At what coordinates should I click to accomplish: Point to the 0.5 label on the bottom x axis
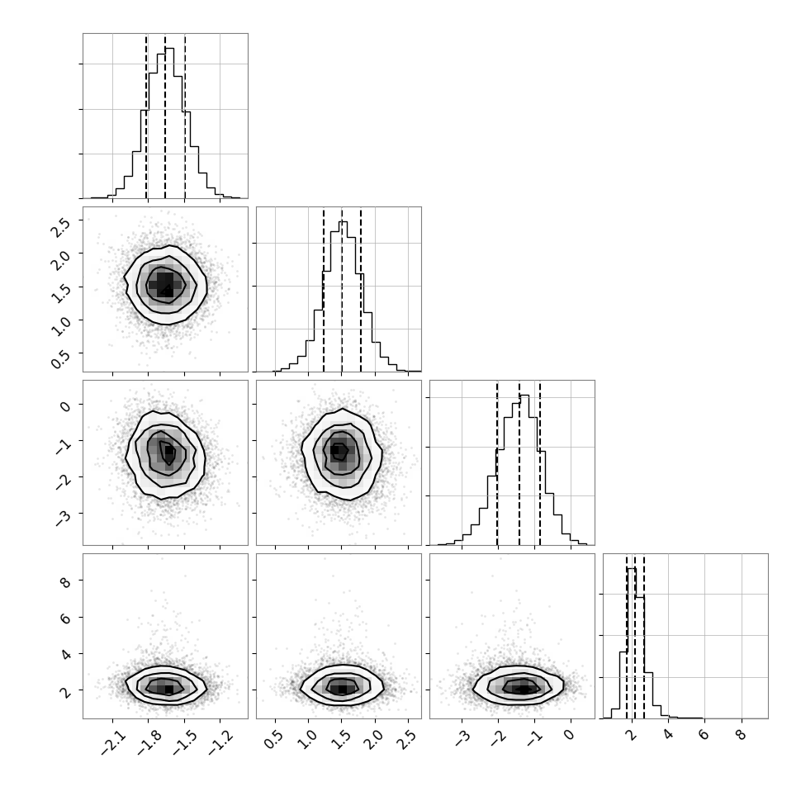[x=273, y=740]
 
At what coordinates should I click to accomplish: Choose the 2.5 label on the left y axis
[x=60, y=227]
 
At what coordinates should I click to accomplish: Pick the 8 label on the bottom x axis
[x=742, y=736]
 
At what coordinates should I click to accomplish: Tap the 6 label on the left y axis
[x=65, y=619]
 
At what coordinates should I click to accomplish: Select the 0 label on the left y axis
[x=65, y=406]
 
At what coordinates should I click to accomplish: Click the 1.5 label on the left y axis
[x=60, y=294]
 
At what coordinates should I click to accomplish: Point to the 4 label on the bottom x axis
[x=669, y=736]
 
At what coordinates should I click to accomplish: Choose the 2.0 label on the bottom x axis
[x=373, y=740]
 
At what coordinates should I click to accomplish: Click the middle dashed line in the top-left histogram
[x=165, y=116]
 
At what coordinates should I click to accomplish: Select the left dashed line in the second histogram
[x=324, y=290]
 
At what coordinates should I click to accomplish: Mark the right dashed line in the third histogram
[x=540, y=462]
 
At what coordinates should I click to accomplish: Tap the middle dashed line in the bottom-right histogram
[x=635, y=636]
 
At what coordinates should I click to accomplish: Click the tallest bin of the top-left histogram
[x=169, y=122]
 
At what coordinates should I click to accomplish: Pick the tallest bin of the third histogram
[x=524, y=470]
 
